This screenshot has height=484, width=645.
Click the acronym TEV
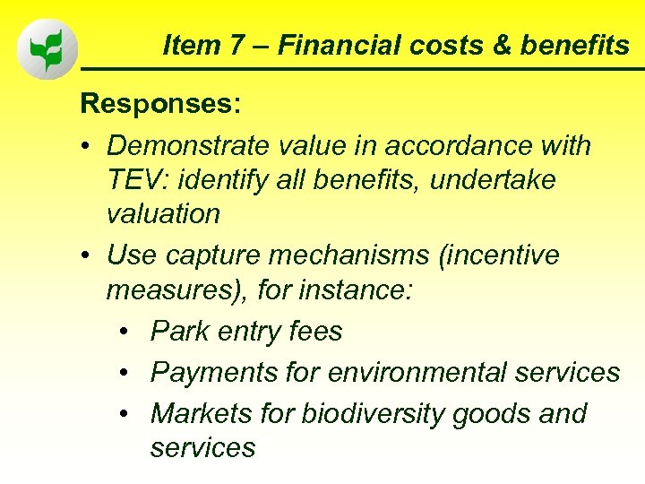point(135,180)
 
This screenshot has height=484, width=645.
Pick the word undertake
point(493,180)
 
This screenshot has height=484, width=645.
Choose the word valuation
point(163,214)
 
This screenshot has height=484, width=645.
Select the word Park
point(179,332)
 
